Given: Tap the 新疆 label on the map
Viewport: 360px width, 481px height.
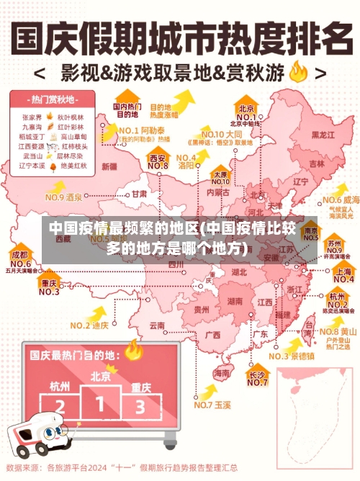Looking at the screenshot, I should [109, 166].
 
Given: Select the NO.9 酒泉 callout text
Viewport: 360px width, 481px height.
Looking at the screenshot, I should [65, 197].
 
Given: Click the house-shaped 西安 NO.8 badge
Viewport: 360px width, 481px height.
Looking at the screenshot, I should [158, 161].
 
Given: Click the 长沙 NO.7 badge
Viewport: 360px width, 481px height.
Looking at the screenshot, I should [258, 379].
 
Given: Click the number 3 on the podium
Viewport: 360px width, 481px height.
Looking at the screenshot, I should [140, 408].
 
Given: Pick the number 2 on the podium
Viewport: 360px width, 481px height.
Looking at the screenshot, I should [60, 408].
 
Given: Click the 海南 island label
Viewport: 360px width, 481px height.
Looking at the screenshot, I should [223, 374].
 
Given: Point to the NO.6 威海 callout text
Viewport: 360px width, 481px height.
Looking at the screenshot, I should [341, 199].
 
